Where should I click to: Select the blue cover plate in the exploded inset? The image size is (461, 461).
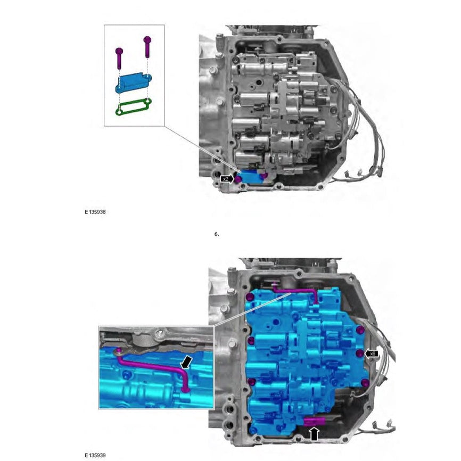[x=134, y=83]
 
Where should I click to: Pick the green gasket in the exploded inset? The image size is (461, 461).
[x=134, y=106]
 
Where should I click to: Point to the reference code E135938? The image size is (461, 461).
[x=95, y=211]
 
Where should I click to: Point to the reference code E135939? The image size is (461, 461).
[x=95, y=455]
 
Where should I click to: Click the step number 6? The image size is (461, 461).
[x=217, y=234]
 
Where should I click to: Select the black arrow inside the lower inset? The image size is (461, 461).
[x=186, y=363]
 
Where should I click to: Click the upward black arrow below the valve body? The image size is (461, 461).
[x=314, y=434]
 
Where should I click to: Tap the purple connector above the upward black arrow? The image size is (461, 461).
[x=314, y=422]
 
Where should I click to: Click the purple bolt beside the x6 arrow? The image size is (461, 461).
[x=360, y=353]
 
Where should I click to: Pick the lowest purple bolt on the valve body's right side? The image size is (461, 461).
[x=364, y=383]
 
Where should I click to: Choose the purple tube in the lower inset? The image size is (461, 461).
[x=154, y=367]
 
